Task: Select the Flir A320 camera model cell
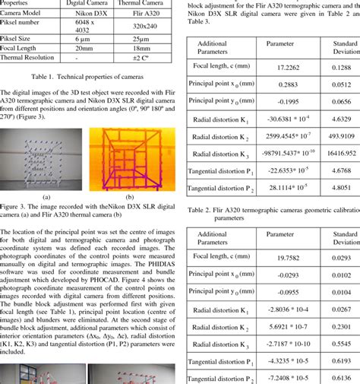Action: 146,13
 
